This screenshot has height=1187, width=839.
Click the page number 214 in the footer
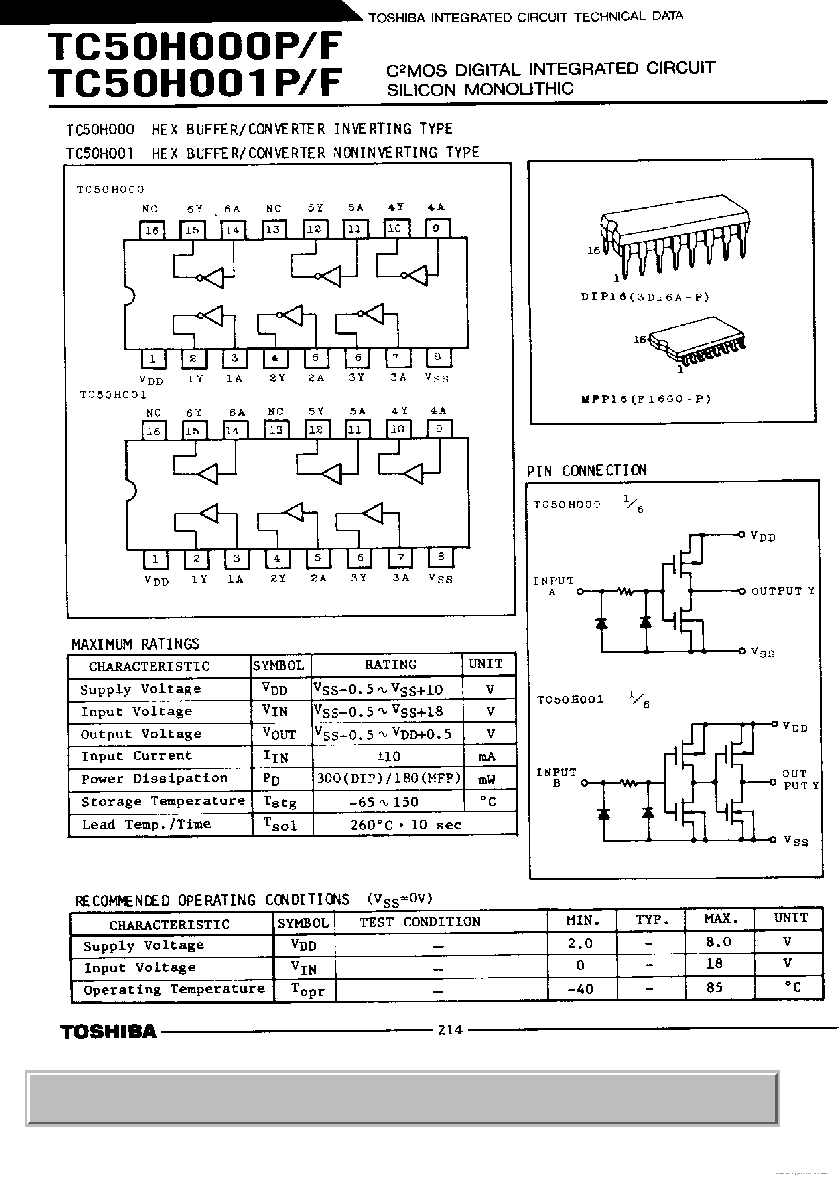(449, 1030)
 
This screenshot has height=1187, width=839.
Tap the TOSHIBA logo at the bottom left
(108, 1032)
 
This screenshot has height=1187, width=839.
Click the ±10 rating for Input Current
(389, 756)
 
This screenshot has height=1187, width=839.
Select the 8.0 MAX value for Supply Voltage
(718, 941)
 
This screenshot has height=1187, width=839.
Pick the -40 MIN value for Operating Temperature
(580, 989)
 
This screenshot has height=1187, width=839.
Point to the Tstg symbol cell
(280, 801)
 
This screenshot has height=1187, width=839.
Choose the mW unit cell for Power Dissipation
(487, 779)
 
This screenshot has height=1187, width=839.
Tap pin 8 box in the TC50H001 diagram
(441, 557)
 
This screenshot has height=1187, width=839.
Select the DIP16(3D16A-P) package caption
(644, 297)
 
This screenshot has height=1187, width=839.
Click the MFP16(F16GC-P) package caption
(646, 399)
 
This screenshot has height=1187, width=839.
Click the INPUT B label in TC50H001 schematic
(556, 777)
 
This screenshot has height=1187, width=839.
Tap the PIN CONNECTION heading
(586, 470)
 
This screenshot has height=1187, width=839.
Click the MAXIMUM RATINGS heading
(135, 644)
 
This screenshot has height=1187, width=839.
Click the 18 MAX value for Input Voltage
(714, 964)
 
